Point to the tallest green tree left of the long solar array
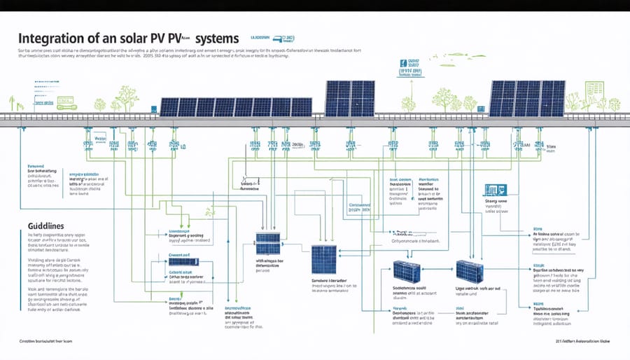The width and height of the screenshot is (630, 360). click(127, 97)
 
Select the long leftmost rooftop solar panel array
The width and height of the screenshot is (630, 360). click(236, 106)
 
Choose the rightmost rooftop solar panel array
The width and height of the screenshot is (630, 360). click(527, 98)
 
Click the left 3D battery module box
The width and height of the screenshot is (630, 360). click(407, 272)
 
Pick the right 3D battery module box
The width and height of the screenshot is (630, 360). click(469, 272)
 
